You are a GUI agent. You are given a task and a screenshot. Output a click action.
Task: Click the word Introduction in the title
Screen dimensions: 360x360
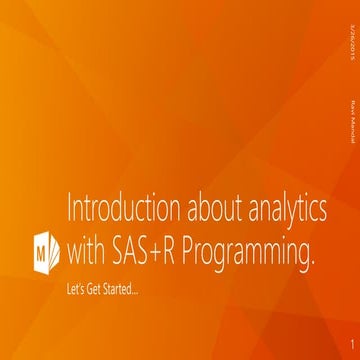(x=113, y=213)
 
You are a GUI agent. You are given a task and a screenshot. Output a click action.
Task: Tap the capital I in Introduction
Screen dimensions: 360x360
(x=69, y=213)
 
